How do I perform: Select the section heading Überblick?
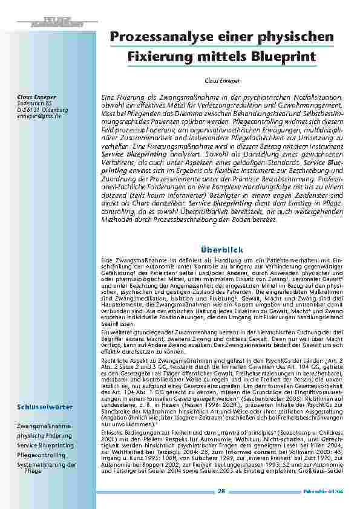[x=221, y=248]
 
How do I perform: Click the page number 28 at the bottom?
[x=221, y=491]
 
